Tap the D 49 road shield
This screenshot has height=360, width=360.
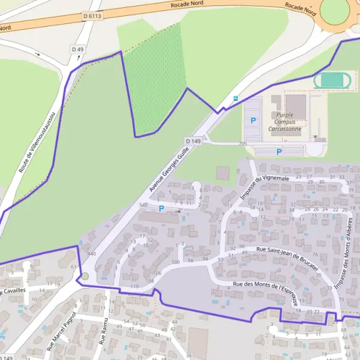76,49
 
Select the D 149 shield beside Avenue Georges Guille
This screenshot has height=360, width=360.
193,141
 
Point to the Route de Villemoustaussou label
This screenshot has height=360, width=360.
37,142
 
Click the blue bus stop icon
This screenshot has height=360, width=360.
235,98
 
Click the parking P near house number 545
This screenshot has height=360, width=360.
161,208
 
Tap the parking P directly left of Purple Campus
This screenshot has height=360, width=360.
253,121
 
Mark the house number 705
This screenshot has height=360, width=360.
242,144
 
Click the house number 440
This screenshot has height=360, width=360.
91,254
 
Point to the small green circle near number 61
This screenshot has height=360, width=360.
85,276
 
